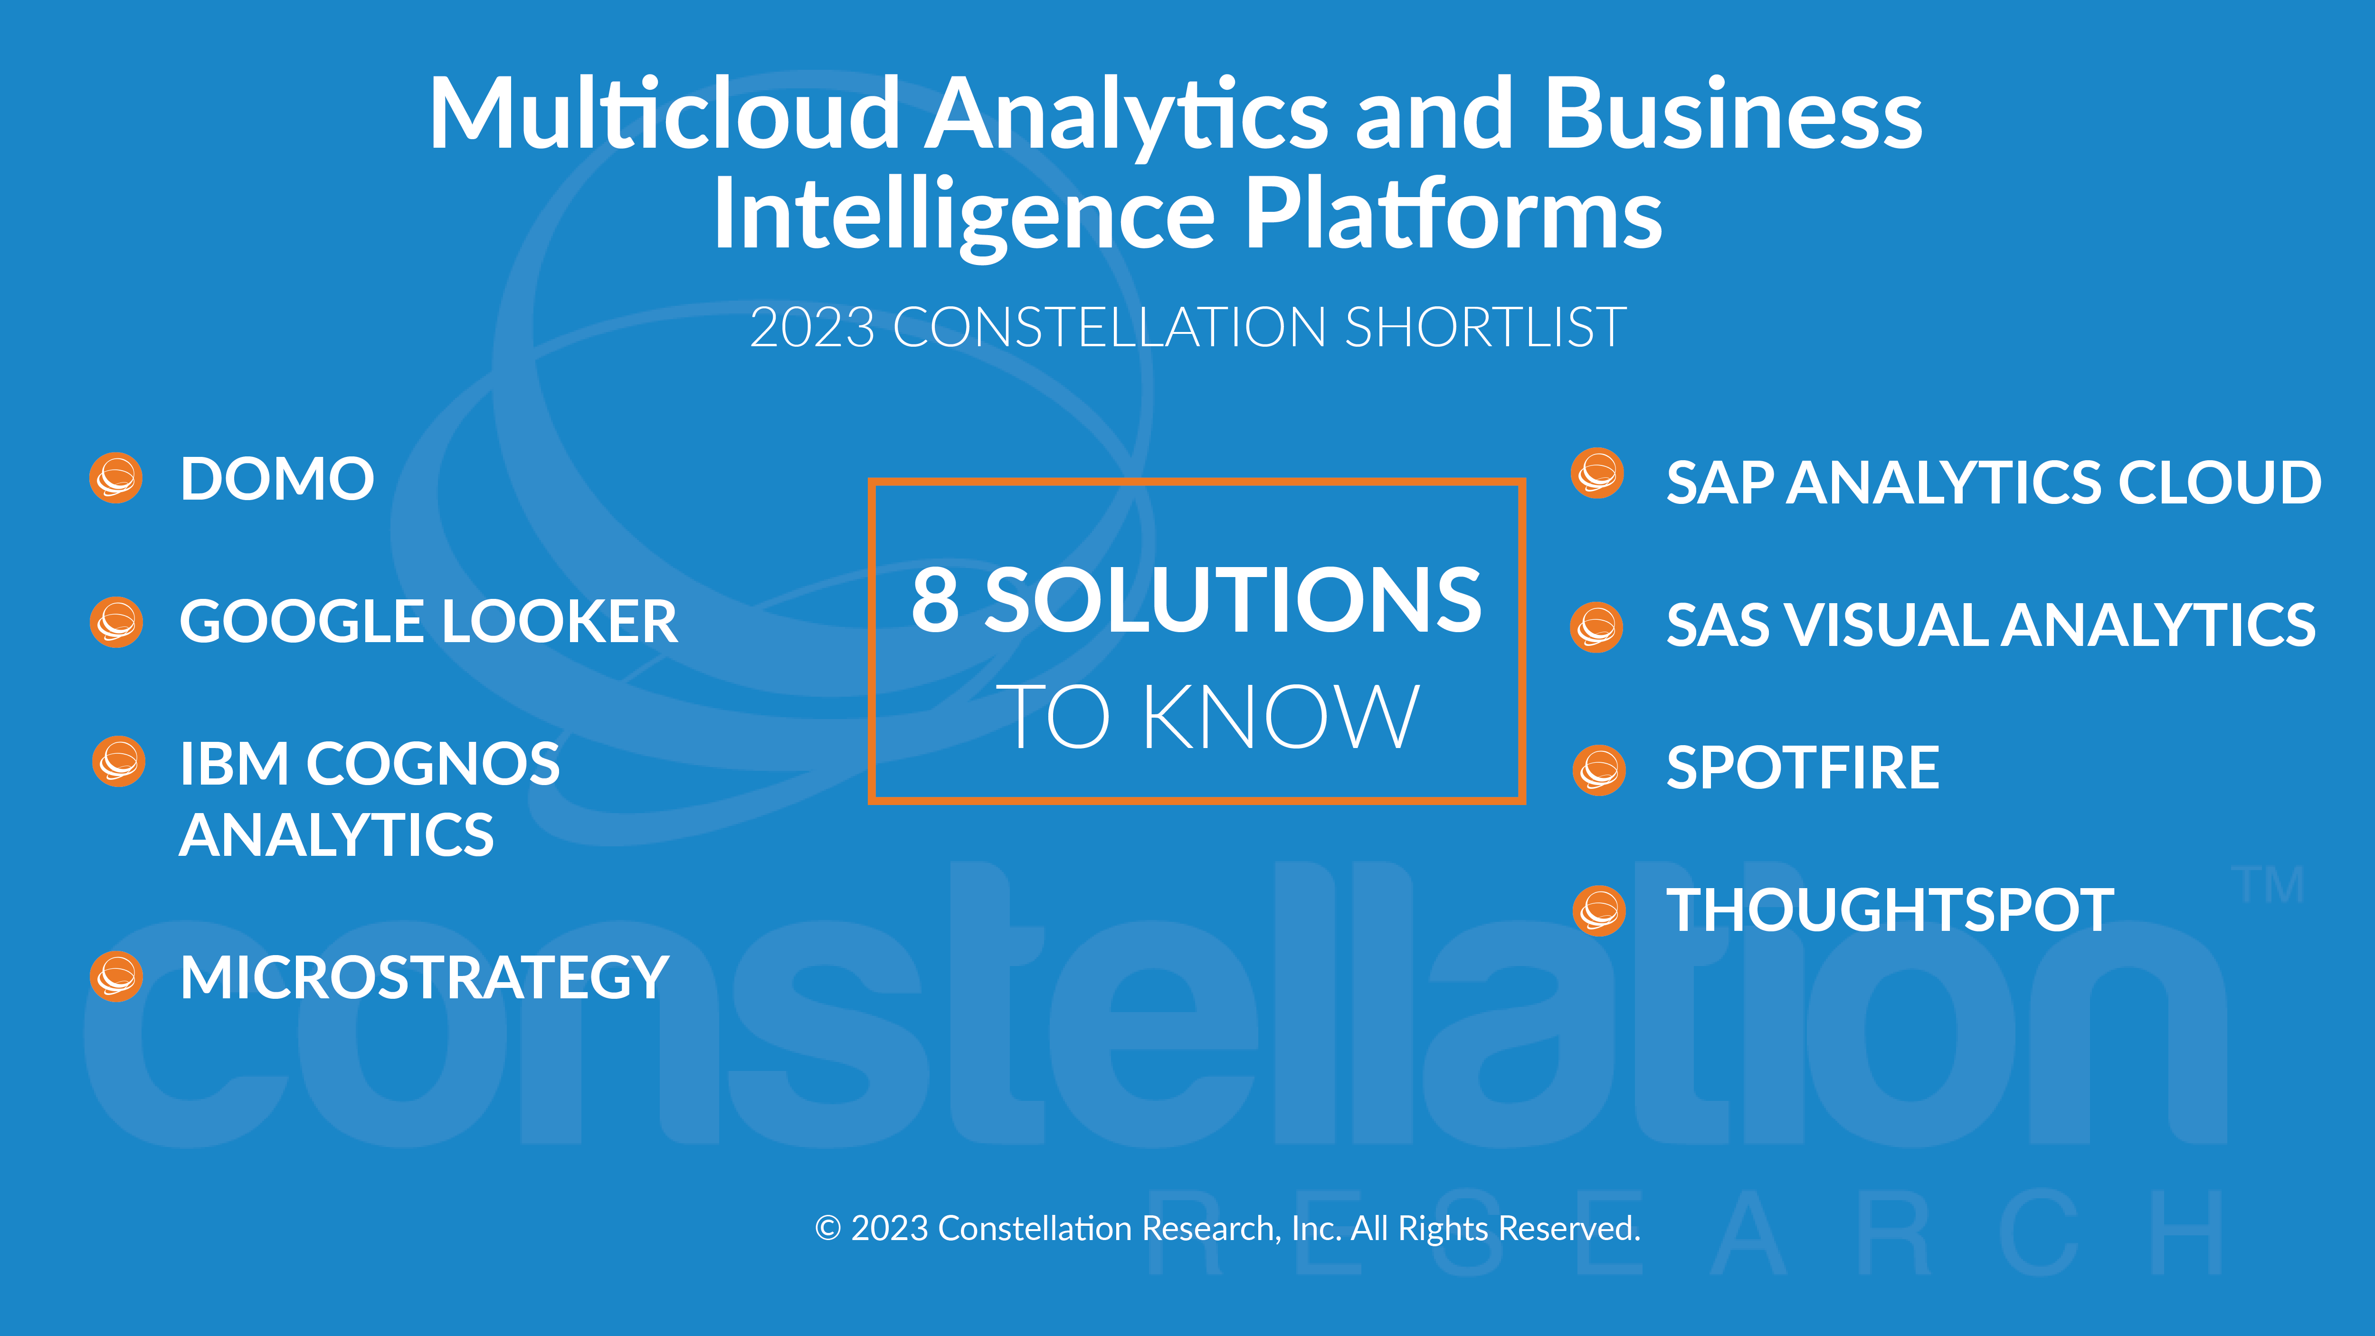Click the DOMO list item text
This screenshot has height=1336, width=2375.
click(276, 479)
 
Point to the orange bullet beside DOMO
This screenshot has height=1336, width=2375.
click(116, 478)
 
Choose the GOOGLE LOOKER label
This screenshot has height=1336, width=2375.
click(428, 621)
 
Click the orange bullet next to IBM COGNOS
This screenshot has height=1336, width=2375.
click(119, 762)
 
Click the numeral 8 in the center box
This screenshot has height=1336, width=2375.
click(936, 600)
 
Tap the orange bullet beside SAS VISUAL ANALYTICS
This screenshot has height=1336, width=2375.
click(1597, 627)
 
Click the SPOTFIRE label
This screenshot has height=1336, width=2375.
click(1803, 768)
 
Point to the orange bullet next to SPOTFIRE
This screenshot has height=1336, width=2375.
click(1600, 770)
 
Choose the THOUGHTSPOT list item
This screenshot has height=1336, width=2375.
click(1890, 911)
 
